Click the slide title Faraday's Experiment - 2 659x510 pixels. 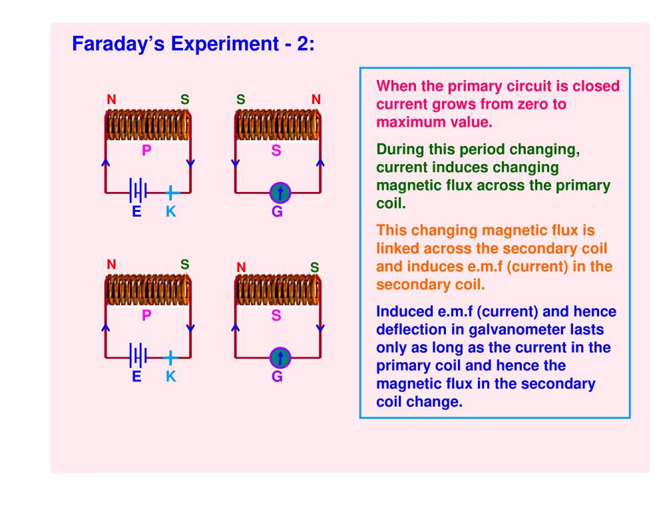pos(193,44)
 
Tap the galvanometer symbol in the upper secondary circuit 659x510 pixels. pos(280,193)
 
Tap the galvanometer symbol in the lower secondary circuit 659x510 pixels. pos(280,358)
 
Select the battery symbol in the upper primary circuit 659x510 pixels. pos(138,193)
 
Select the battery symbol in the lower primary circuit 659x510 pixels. pos(138,357)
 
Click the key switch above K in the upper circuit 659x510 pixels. pos(171,193)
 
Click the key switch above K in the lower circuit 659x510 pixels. pos(171,357)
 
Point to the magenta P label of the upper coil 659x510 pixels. pos(146,151)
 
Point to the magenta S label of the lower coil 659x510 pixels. pos(276,315)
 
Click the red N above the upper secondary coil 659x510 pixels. pos(316,100)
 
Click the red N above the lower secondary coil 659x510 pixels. pos(241,267)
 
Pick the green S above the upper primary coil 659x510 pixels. pos(185,100)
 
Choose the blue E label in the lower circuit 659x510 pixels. pos(136,377)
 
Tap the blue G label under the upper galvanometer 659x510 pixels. pos(277,212)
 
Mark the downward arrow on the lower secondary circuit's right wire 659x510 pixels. pos(320,328)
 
